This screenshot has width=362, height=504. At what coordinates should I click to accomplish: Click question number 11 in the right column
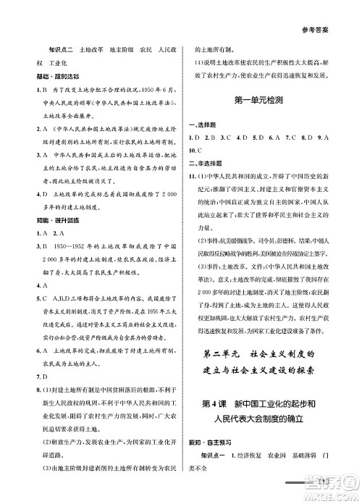(x=195, y=177)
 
